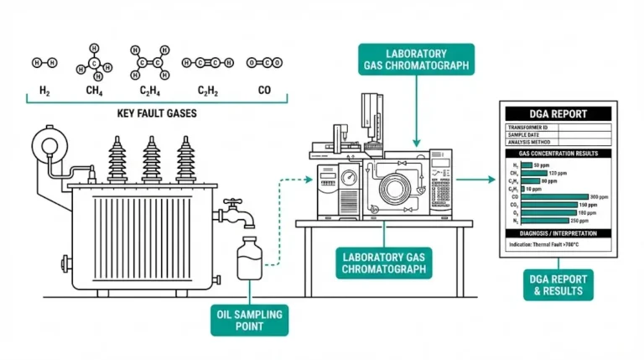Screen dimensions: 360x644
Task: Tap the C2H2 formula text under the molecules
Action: [x=208, y=90]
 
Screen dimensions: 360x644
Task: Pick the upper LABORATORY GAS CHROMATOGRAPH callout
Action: [x=416, y=59]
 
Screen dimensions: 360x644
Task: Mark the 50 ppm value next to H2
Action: [x=540, y=165]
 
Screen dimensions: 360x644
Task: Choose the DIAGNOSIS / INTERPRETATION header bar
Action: [x=558, y=232]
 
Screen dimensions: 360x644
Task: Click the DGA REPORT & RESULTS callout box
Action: [x=558, y=284]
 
